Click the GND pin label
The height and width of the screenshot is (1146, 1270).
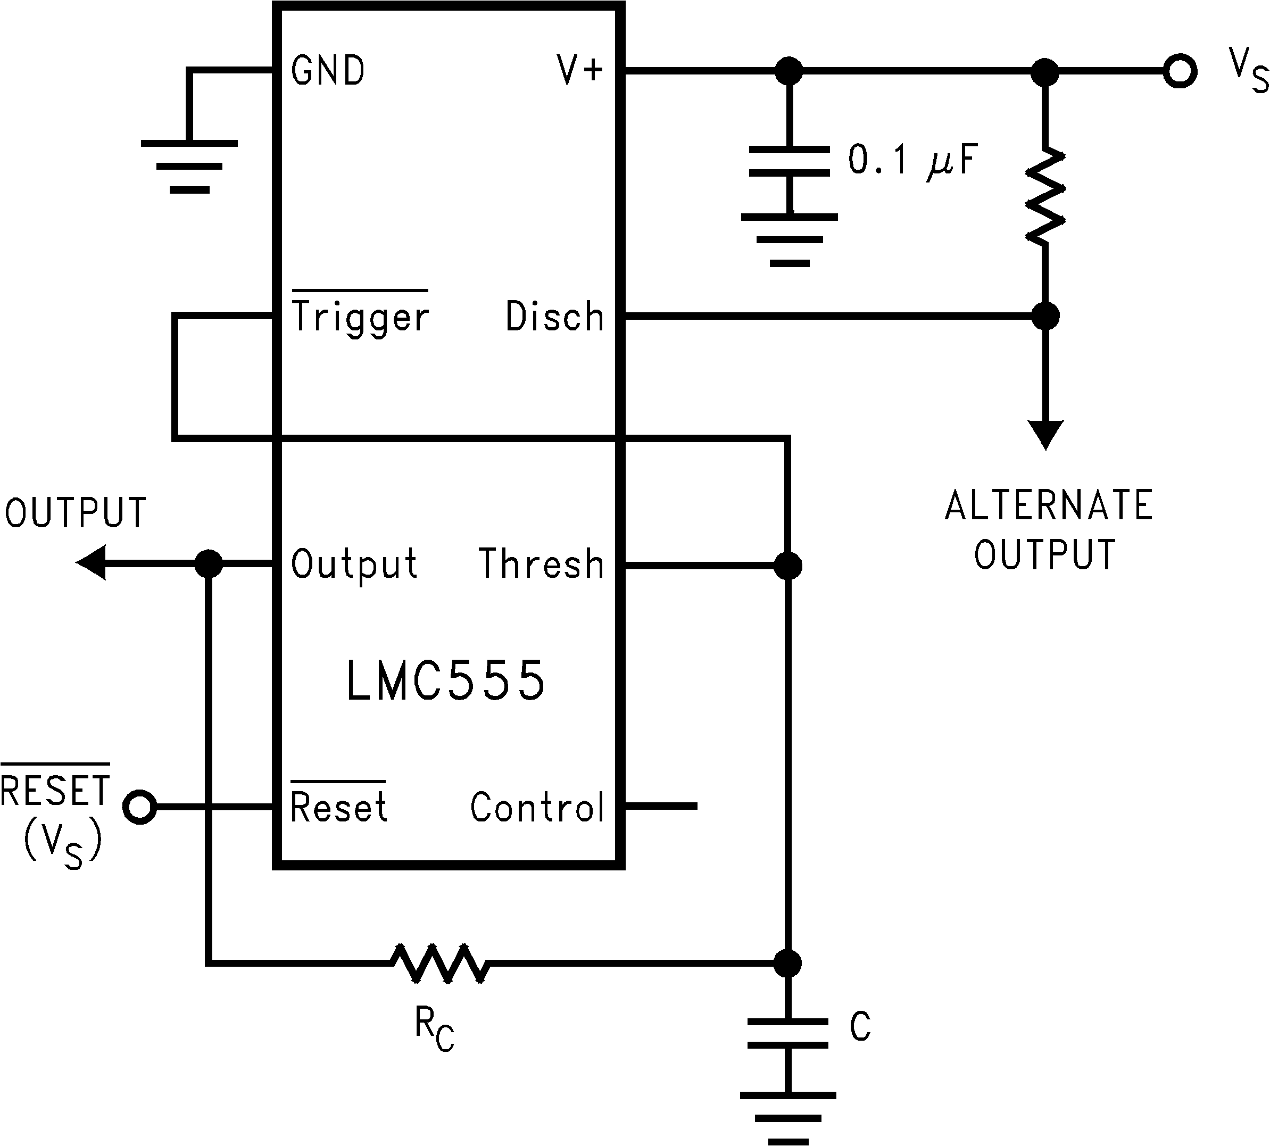click(x=327, y=71)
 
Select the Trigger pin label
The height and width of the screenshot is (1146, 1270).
click(x=360, y=316)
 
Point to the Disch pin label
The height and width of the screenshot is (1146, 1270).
click(x=554, y=316)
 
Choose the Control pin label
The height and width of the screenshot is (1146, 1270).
click(x=537, y=807)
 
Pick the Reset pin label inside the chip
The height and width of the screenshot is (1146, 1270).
click(x=338, y=807)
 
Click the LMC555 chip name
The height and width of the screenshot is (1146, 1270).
click(x=446, y=682)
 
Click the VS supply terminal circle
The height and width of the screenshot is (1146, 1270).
click(x=1180, y=71)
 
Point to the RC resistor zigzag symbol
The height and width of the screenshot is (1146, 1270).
click(x=439, y=963)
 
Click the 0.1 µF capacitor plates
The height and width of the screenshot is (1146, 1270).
click(x=789, y=161)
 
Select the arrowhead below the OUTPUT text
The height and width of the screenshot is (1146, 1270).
click(x=92, y=563)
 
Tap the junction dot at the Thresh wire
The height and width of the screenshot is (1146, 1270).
click(x=787, y=566)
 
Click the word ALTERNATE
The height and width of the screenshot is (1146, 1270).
click(x=1048, y=505)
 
